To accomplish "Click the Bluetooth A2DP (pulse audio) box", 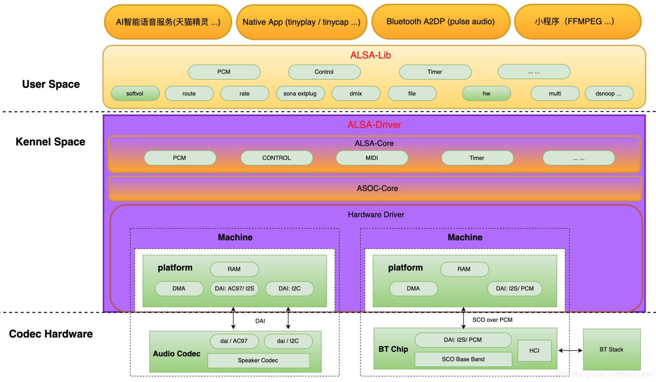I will coord(440,22).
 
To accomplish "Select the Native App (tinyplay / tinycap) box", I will coord(301,22).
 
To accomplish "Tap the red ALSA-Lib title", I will coord(370,55).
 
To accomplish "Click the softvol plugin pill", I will coord(135,94).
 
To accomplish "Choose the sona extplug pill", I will coord(300,94).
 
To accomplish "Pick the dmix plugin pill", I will coord(356,94).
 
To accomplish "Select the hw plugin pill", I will coord(486,94).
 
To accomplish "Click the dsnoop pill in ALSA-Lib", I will coord(608,94).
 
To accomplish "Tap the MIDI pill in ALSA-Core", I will coord(372,158).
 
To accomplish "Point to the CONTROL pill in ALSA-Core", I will coord(276,158).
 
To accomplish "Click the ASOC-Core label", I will coord(377,188).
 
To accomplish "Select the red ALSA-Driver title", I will coord(374,125).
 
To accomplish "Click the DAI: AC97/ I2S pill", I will coord(234,289).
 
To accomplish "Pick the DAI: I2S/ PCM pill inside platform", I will coord(515,289).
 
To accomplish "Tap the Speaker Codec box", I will coord(258,361).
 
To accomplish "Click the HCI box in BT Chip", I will coord(534,350).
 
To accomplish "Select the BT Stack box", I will coord(611,350).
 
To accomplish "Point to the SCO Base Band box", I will coord(463,359).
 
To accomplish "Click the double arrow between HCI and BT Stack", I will coord(570,350).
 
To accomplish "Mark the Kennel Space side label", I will coord(50,142).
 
